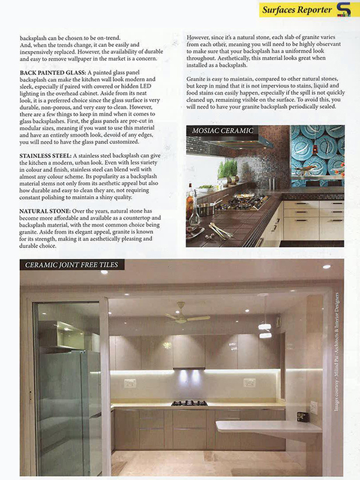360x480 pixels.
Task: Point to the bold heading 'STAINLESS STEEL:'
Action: (x=45, y=155)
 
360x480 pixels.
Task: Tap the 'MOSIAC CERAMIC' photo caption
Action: (x=222, y=130)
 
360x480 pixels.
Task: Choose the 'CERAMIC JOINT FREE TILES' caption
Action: (x=71, y=265)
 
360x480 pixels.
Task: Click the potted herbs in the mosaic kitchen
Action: (x=229, y=170)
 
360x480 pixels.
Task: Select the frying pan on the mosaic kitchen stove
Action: (x=208, y=207)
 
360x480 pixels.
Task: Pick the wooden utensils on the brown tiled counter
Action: (x=220, y=230)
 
